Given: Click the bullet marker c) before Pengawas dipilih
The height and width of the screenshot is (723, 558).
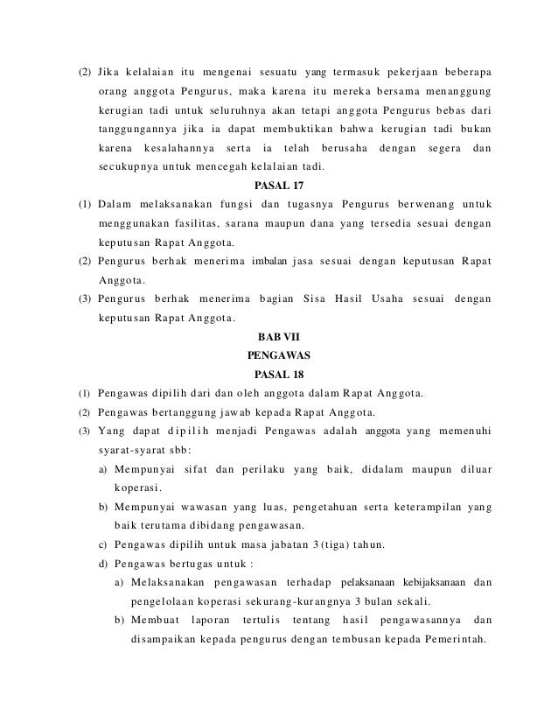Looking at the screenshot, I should pyautogui.click(x=106, y=546).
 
